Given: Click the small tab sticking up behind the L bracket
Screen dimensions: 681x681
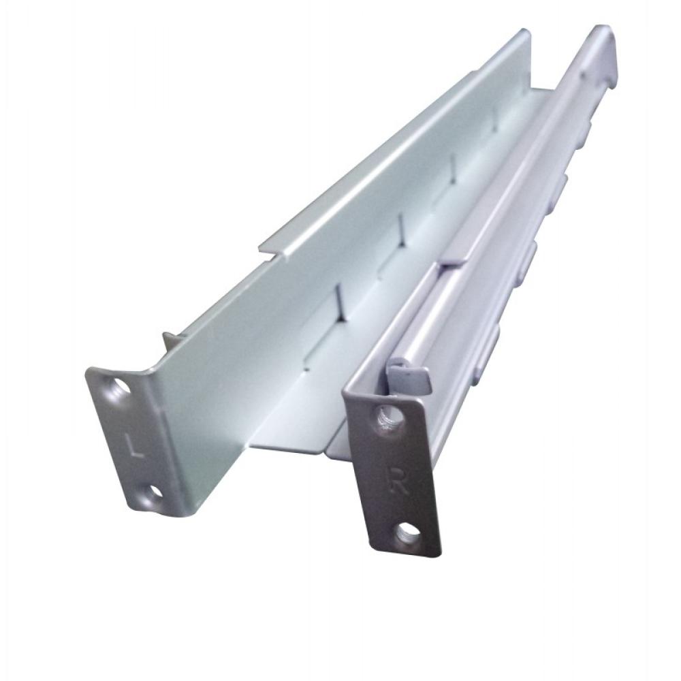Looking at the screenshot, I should [170, 340].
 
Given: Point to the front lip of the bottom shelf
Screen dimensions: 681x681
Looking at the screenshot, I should [293, 448].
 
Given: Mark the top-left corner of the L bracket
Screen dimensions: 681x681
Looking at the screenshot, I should [89, 371].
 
